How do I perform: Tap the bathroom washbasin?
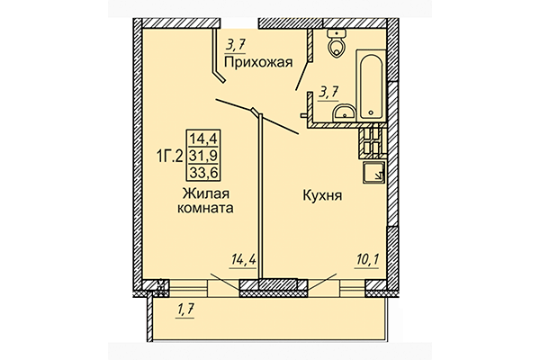[x=344, y=112]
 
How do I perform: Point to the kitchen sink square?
[x=374, y=173]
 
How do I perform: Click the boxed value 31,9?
[x=204, y=155]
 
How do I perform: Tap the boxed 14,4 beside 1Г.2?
[x=204, y=139]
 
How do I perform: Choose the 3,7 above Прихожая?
[x=236, y=44]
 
